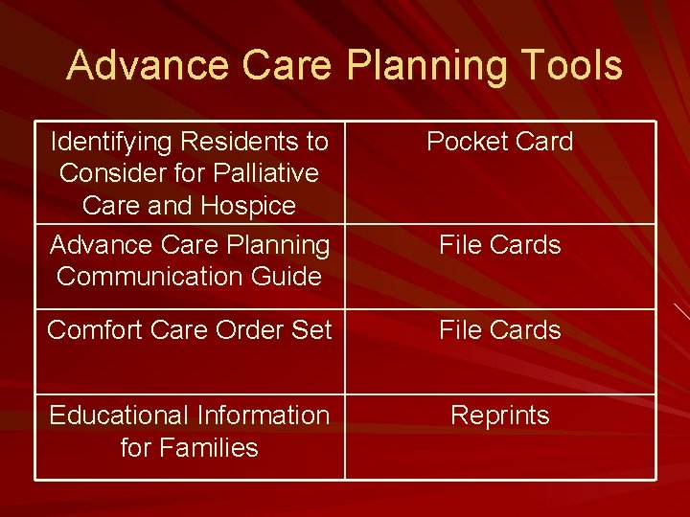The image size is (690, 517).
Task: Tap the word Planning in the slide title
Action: pyautogui.click(x=425, y=66)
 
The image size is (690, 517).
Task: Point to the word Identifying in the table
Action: pyautogui.click(x=110, y=142)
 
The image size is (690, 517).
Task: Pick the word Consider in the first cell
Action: pyautogui.click(x=107, y=173)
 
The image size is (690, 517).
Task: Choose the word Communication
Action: pyautogui.click(x=160, y=277)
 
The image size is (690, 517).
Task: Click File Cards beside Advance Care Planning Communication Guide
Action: pyautogui.click(x=499, y=245)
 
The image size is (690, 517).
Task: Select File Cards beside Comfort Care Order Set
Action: pyautogui.click(x=499, y=330)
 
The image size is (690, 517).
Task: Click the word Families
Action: pyautogui.click(x=209, y=447)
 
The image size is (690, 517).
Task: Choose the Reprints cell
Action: pyautogui.click(x=499, y=416)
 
